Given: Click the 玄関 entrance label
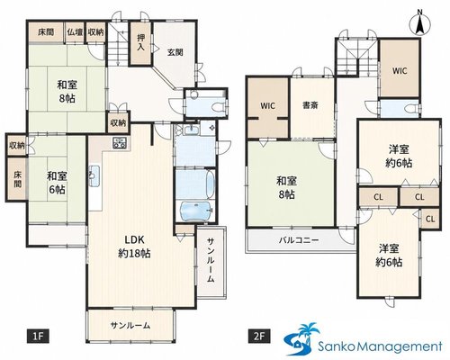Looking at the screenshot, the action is pyautogui.click(x=175, y=52).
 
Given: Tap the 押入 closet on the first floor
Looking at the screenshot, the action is pyautogui.click(x=140, y=43).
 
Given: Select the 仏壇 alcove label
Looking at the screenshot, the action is pyautogui.click(x=75, y=32).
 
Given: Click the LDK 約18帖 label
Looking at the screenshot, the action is pyautogui.click(x=134, y=247).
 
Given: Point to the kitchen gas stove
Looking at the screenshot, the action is pyautogui.click(x=120, y=143).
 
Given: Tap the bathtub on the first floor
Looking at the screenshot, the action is pyautogui.click(x=195, y=211).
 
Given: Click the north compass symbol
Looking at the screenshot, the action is pyautogui.click(x=420, y=22).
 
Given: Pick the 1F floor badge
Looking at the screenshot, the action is pyautogui.click(x=38, y=336).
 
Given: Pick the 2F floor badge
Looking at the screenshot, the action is pyautogui.click(x=259, y=336).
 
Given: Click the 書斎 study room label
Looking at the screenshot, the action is pyautogui.click(x=310, y=105).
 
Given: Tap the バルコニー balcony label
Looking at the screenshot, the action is pyautogui.click(x=299, y=240).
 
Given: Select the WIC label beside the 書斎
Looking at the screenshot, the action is pyautogui.click(x=267, y=105).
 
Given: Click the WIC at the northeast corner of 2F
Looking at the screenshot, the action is pyautogui.click(x=400, y=71).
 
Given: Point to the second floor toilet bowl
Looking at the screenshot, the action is pyautogui.click(x=412, y=108).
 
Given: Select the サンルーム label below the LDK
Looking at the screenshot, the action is pyautogui.click(x=130, y=326).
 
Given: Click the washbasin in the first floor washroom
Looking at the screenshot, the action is pyautogui.click(x=190, y=130).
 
